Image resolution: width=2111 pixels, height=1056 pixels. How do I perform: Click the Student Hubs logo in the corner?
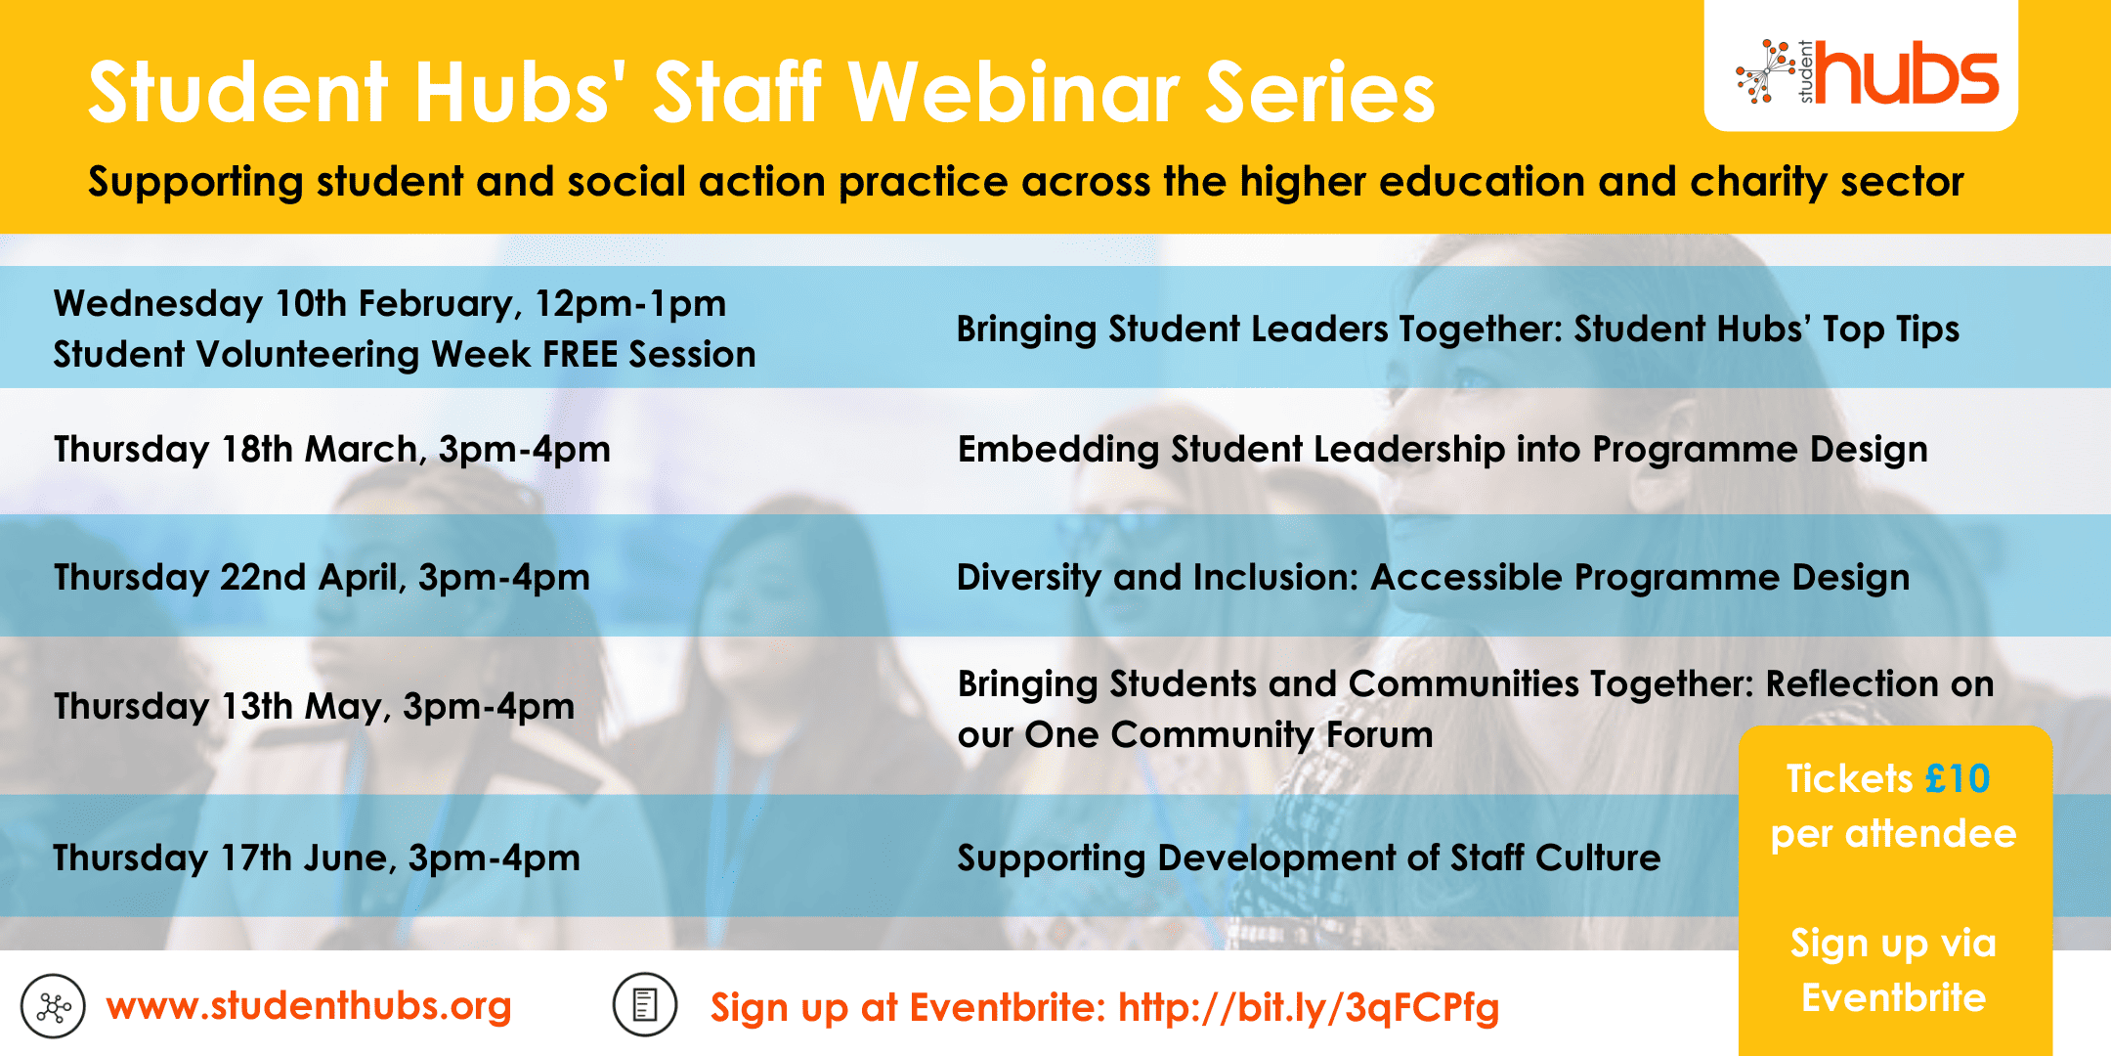click(x=1867, y=72)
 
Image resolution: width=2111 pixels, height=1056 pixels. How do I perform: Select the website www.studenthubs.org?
click(x=309, y=1006)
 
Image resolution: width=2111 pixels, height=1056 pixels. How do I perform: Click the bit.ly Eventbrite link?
click(x=1309, y=1007)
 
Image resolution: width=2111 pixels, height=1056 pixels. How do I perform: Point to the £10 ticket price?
click(x=1958, y=779)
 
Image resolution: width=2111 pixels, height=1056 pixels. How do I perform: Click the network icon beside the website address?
click(x=53, y=1006)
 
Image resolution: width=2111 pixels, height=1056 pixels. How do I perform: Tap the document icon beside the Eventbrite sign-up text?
click(x=645, y=1005)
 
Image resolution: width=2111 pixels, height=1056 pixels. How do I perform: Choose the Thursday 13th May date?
click(x=220, y=706)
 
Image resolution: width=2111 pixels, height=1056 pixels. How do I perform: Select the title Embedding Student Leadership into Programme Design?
click(x=1443, y=450)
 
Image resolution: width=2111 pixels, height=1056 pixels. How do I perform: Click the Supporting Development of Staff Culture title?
click(x=1309, y=858)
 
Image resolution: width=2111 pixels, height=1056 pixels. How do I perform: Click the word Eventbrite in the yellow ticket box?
click(x=1893, y=998)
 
